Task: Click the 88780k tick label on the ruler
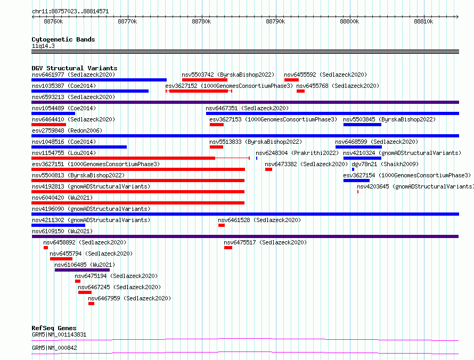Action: coord(201,21)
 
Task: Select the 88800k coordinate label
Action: coord(349,21)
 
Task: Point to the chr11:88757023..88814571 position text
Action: coord(70,11)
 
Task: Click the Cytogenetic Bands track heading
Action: coord(63,39)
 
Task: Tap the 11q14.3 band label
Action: coord(43,46)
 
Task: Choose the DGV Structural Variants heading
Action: coord(75,68)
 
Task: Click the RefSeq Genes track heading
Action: coord(54,328)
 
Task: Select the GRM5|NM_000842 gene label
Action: coord(54,348)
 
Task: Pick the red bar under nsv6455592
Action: coord(291,80)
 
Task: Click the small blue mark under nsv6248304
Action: coord(257,158)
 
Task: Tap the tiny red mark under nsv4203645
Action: coord(358,192)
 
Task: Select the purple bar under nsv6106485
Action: coord(82,270)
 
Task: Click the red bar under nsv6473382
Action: coord(269,169)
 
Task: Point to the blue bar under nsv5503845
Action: coord(362,125)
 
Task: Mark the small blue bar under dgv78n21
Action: coord(353,169)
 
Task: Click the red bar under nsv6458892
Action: coord(46,248)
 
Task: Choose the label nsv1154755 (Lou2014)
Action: coord(64,153)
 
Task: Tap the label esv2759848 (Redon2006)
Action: coord(67,130)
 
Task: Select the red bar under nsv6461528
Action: coord(221,225)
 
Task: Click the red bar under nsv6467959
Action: coord(91,304)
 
